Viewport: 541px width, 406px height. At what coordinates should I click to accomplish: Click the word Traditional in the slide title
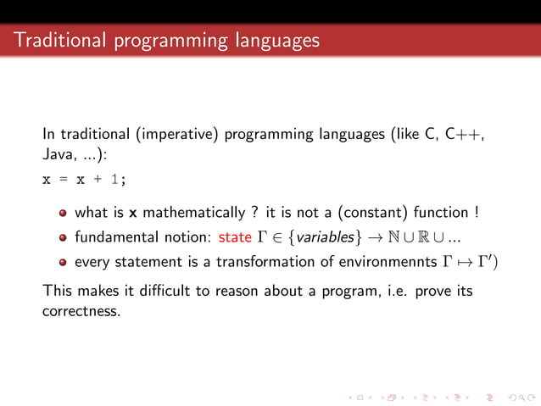[57, 40]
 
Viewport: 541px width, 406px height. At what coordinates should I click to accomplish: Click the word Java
[59, 156]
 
